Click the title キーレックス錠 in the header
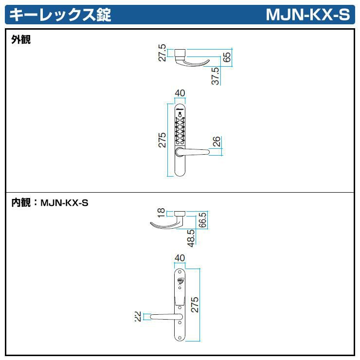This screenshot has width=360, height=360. coord(60,15)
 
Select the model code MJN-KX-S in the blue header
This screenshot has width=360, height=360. coord(307,15)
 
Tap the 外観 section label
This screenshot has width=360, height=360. coord(21,40)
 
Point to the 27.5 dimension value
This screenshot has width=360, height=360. coord(162,54)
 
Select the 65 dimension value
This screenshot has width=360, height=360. coord(227,57)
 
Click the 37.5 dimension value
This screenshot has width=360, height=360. coord(216,76)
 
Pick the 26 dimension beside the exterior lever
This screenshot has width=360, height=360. coord(217,142)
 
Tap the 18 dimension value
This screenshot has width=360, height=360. coord(162,213)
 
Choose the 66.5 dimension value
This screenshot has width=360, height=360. coord(203,220)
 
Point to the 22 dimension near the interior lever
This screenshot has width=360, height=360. coord(138,317)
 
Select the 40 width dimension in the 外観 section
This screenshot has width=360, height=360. coord(180,93)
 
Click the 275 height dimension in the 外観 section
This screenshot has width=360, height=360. coord(162,140)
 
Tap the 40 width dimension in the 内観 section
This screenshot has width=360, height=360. coord(180,258)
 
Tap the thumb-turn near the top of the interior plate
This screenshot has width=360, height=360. coord(180,280)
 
